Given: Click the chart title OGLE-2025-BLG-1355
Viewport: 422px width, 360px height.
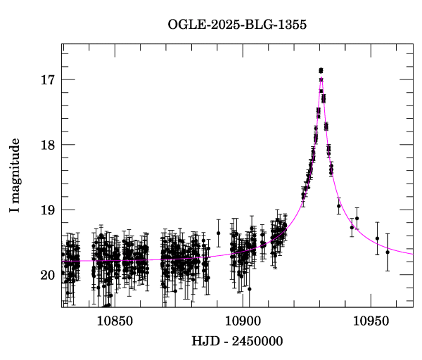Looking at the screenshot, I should tap(237, 25).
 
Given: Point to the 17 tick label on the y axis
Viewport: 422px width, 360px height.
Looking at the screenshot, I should tap(48, 79).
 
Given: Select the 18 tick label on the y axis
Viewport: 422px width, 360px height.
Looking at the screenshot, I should tap(48, 145).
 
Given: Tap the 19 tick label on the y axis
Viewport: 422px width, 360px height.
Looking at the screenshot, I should tap(48, 210).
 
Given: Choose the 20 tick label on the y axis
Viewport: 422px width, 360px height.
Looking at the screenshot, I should tap(48, 275).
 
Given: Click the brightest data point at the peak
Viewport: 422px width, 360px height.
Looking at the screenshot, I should tap(321, 70).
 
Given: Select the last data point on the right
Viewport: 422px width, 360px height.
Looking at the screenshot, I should tap(387, 252).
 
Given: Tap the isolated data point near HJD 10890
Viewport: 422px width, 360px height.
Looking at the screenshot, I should tap(218, 233).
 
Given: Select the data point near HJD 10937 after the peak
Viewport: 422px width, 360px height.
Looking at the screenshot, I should tap(338, 206).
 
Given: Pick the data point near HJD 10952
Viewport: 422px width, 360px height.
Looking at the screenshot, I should tap(377, 238).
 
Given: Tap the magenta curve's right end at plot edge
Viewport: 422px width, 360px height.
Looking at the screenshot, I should tap(412, 254).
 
